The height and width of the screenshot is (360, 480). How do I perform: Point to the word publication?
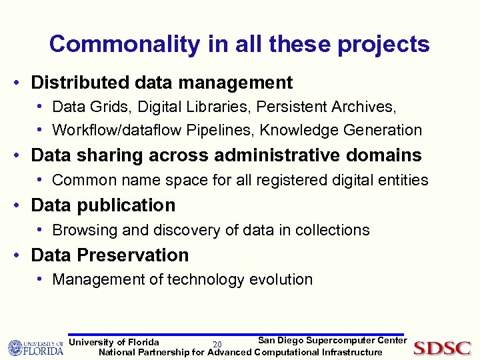pyautogui.click(x=128, y=205)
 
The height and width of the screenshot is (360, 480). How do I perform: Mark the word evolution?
pyautogui.click(x=281, y=279)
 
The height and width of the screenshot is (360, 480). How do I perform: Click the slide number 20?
pyautogui.click(x=217, y=344)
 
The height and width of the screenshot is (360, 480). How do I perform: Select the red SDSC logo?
pyautogui.click(x=442, y=347)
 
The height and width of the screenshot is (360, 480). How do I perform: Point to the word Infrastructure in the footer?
pyautogui.click(x=352, y=352)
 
